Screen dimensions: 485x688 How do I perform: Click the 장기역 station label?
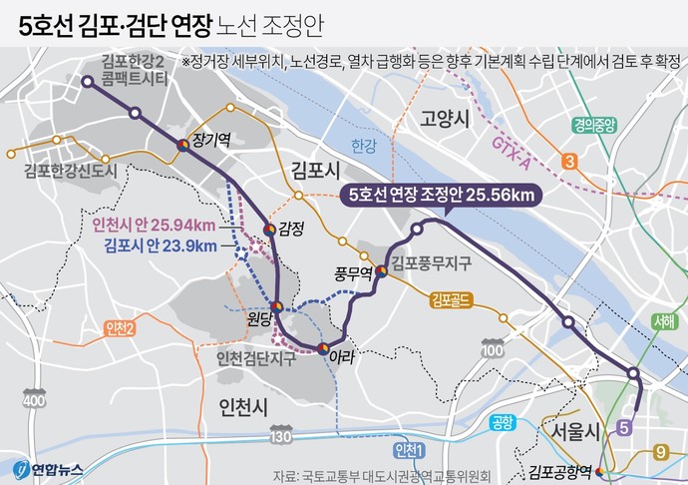(x=211, y=142)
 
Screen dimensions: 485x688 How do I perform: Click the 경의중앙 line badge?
(x=595, y=126)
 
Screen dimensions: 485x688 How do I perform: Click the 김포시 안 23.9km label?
(x=159, y=245)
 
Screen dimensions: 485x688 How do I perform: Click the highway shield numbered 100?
(x=493, y=348)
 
